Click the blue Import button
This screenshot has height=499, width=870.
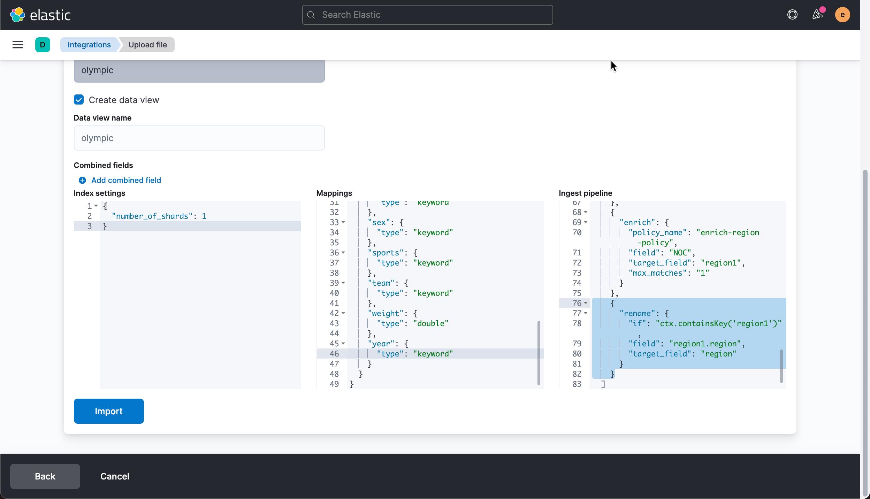point(109,411)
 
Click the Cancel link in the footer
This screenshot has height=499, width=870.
point(115,476)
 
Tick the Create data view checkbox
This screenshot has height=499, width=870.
point(79,100)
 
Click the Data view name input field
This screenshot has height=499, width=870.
point(199,138)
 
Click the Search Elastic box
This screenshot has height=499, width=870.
point(427,15)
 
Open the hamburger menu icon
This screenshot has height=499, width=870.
point(17,45)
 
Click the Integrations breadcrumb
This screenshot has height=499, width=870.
point(89,45)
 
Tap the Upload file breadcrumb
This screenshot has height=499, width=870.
point(147,45)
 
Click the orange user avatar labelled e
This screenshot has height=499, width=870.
point(842,15)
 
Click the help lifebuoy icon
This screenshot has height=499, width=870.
point(792,15)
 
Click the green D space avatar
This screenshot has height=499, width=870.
point(43,45)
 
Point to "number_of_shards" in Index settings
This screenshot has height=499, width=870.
point(152,216)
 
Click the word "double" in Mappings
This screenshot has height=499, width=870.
point(431,323)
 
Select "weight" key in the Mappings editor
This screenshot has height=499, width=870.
point(385,313)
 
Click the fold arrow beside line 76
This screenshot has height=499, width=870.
point(586,303)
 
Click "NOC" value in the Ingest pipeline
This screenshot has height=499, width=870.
point(680,253)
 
